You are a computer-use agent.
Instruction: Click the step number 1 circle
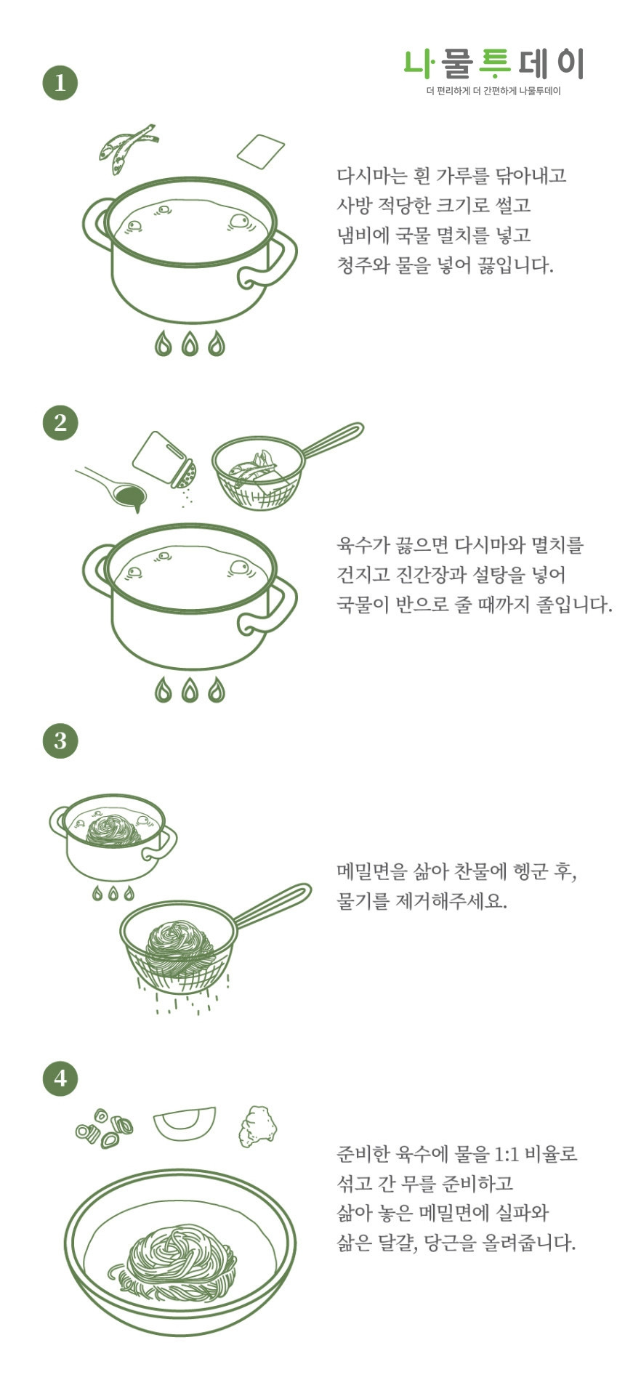point(60,82)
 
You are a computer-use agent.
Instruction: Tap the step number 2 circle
point(60,422)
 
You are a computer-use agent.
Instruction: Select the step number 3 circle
point(60,741)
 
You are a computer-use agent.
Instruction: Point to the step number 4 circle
point(60,1078)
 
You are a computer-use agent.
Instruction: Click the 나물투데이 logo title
point(493,65)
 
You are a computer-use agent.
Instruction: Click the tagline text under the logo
point(493,92)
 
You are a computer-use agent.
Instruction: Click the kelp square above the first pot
point(260,150)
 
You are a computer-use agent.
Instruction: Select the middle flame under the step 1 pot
point(190,344)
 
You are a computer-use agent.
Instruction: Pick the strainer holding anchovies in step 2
point(258,472)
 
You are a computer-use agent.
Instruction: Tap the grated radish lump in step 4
point(258,1126)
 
